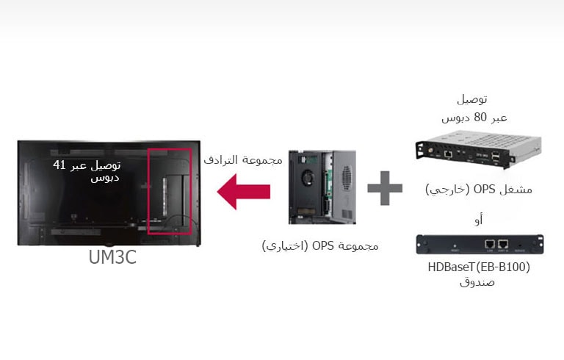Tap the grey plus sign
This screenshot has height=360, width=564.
(385, 189)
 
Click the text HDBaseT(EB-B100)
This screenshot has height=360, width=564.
(477, 267)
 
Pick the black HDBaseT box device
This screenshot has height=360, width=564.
(480, 244)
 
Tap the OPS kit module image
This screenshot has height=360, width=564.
(322, 187)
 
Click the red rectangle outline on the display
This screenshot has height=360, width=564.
(170, 190)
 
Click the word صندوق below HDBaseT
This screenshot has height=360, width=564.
(479, 281)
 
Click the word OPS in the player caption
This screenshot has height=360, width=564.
(485, 189)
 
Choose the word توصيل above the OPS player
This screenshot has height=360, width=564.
(472, 98)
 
